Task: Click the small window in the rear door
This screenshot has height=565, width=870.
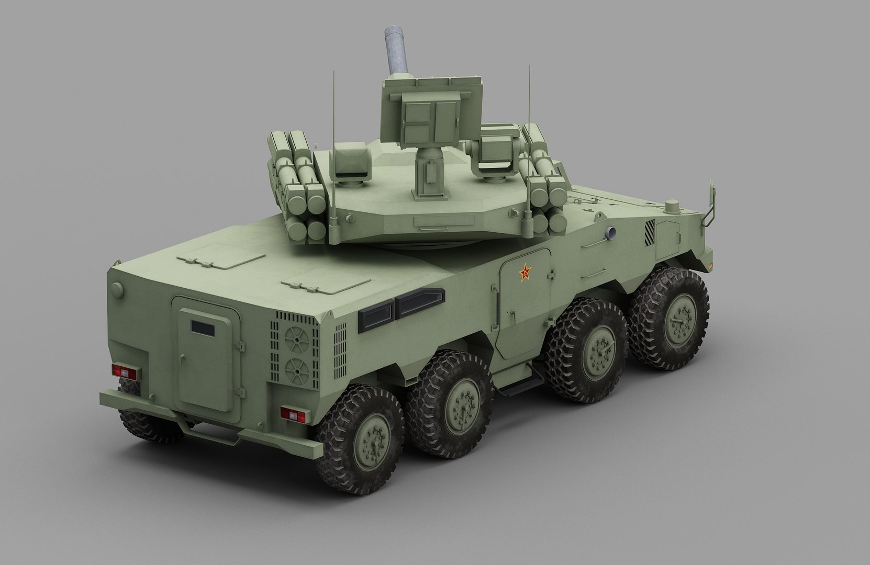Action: [x=202, y=327]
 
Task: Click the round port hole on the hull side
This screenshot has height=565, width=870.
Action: [x=610, y=233]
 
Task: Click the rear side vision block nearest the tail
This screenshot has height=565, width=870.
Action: [x=375, y=312]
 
